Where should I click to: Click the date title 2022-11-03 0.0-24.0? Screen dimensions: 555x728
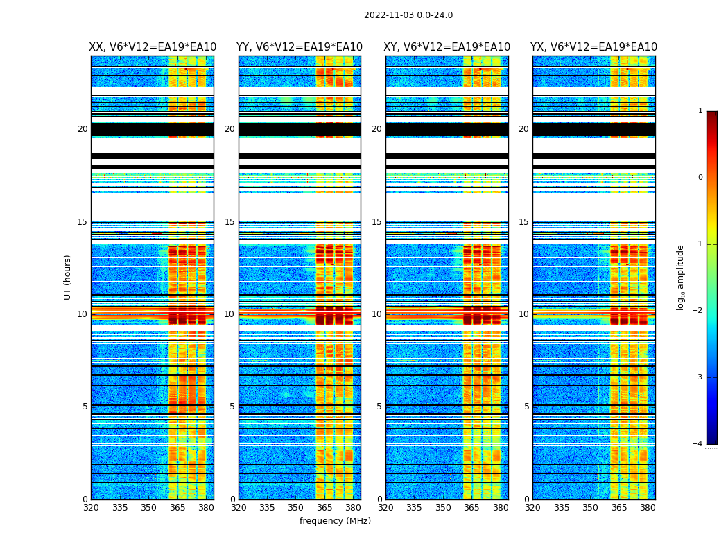[x=408, y=15]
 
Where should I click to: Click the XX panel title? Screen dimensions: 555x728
[x=153, y=47]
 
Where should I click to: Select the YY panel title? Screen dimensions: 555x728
[x=300, y=47]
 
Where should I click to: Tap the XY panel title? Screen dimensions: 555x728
[x=447, y=47]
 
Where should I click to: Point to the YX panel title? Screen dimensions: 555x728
[x=593, y=47]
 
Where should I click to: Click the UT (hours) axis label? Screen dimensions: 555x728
[x=68, y=277]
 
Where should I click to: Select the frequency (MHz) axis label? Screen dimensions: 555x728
[x=335, y=521]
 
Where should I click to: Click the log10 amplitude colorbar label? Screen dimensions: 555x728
[x=681, y=277]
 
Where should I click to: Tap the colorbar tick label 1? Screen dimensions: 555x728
[x=700, y=111]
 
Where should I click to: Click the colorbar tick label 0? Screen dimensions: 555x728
[x=700, y=178]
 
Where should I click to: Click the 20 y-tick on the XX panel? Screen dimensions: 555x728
[x=83, y=129]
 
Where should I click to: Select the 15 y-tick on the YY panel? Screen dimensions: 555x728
[x=229, y=222]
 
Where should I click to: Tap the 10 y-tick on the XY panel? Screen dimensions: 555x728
[x=376, y=314]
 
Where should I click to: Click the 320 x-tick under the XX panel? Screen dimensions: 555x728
[x=91, y=508]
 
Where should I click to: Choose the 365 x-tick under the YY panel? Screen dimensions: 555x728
[x=324, y=508]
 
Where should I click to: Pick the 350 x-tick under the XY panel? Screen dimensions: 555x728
[x=443, y=508]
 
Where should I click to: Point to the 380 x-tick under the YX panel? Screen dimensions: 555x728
[x=648, y=508]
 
